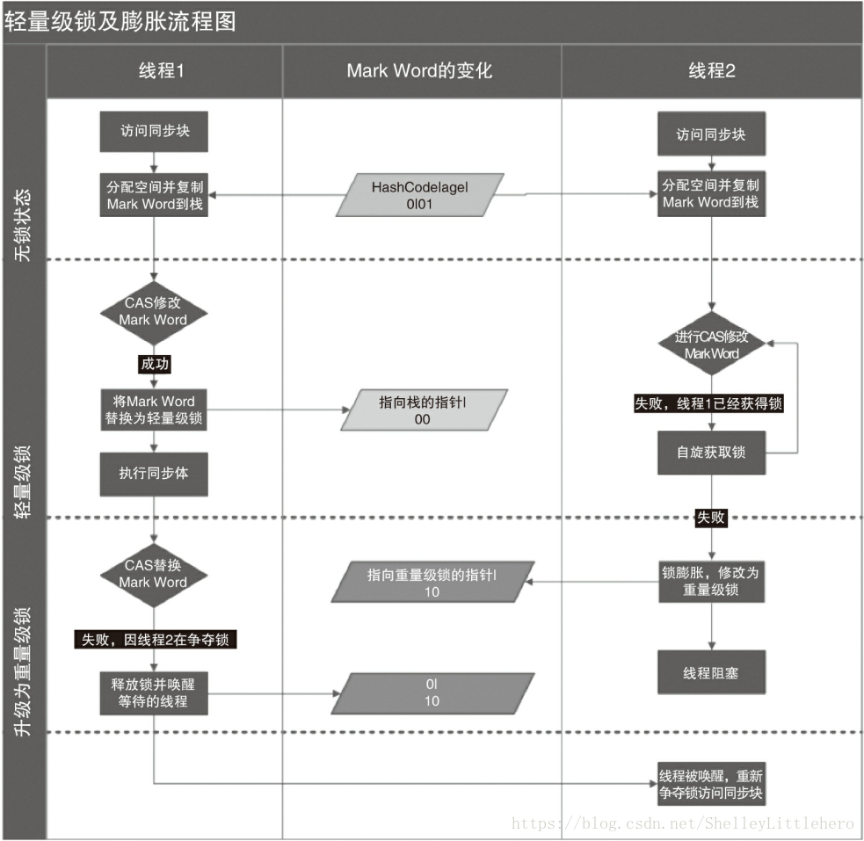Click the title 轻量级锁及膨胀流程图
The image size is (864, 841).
click(120, 21)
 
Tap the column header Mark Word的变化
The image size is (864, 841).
click(419, 71)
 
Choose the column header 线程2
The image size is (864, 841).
click(711, 71)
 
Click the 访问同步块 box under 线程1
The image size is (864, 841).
click(154, 132)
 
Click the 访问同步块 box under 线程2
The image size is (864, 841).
click(711, 134)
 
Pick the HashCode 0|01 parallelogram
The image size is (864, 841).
click(419, 195)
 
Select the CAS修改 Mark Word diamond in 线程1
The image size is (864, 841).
click(153, 311)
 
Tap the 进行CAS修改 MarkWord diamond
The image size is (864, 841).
click(711, 345)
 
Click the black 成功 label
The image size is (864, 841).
click(154, 363)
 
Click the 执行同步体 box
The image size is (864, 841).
click(154, 473)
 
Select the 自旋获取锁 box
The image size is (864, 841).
click(711, 453)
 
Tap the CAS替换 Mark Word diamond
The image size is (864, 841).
click(153, 573)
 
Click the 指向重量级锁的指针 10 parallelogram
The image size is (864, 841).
click(432, 583)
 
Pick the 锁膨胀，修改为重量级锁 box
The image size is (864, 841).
click(711, 581)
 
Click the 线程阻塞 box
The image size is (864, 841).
click(711, 672)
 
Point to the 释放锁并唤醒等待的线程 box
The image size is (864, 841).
click(154, 692)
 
